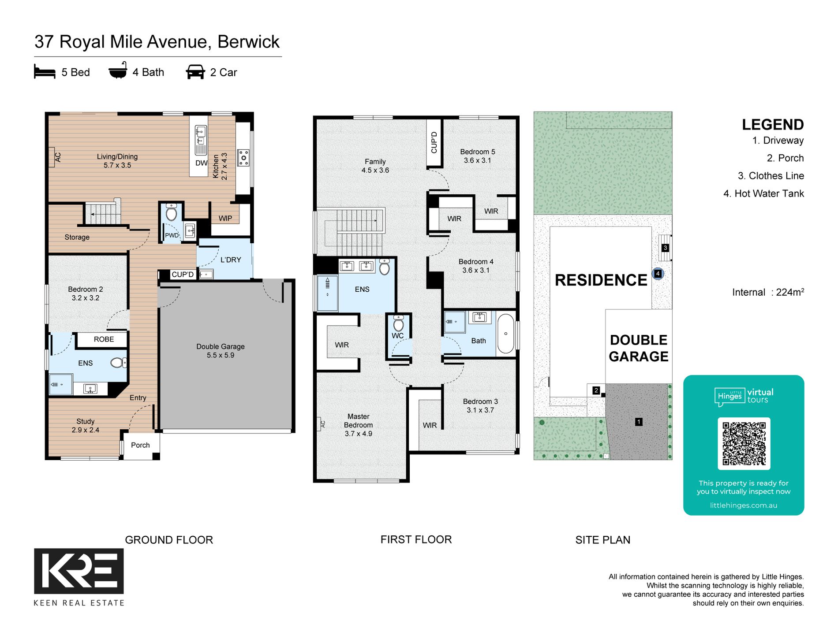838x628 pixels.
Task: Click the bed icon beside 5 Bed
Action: (x=45, y=71)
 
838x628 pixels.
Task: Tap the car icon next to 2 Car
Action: (x=195, y=72)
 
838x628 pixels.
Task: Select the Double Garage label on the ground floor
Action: (x=221, y=351)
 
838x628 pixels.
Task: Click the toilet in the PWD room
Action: (x=171, y=213)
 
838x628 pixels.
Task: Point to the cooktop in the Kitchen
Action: (x=243, y=158)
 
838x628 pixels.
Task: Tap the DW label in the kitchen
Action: (x=202, y=163)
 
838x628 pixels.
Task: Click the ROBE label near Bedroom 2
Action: (x=104, y=339)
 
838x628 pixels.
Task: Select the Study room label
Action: (x=86, y=426)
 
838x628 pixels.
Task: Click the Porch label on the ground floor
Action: (x=140, y=445)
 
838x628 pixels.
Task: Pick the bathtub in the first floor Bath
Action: (x=506, y=334)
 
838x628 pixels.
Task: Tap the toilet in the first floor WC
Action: (x=398, y=323)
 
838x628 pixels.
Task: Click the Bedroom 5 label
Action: (x=478, y=156)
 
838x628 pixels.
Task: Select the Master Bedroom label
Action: (x=359, y=425)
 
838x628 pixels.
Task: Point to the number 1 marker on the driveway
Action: (x=639, y=422)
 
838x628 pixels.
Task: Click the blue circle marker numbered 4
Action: (x=658, y=274)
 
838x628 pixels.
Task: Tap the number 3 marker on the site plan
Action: (x=665, y=248)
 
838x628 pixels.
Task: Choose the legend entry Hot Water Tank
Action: (x=764, y=193)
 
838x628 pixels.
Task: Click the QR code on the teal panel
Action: (x=744, y=443)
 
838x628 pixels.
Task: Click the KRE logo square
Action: (x=79, y=571)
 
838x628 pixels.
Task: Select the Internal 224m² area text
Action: (x=768, y=292)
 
